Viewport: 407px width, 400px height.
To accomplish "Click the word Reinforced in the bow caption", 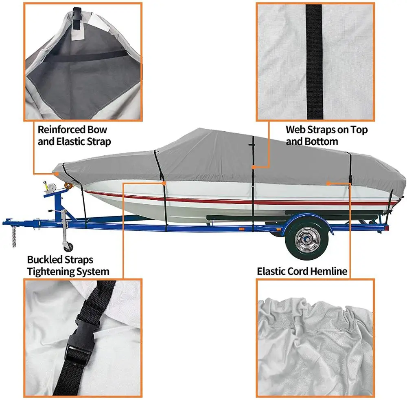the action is point(61,130).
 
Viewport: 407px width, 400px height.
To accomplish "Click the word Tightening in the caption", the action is point(52,272).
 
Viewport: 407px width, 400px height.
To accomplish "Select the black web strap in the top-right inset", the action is point(313,61).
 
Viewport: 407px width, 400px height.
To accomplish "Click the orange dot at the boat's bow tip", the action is point(57,173).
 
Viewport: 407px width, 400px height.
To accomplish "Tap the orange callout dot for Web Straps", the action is point(253,167).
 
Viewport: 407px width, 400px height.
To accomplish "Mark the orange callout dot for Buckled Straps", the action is point(164,183).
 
